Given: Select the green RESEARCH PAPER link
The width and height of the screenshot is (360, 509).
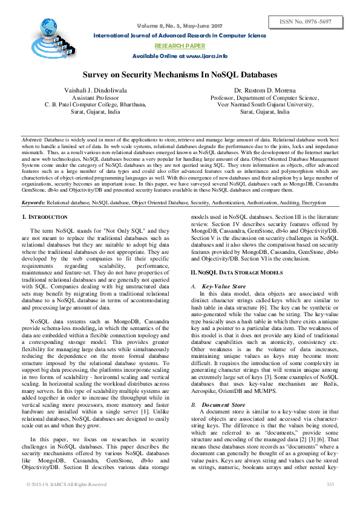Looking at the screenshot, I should (180, 45).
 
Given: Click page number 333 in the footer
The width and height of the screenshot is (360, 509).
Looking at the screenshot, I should (330, 484).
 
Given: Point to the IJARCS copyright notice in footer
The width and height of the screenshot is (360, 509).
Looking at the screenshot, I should (67, 484).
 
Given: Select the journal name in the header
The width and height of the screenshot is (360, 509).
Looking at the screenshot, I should (180, 36).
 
